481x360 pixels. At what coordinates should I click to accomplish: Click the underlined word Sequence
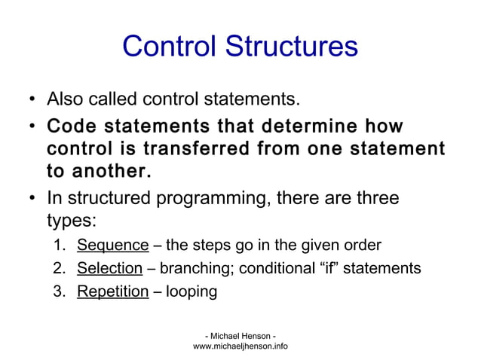(113, 245)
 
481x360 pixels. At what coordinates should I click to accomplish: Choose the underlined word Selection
(110, 268)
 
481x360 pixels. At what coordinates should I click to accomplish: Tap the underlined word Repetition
(113, 291)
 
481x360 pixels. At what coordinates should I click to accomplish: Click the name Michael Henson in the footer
(240, 334)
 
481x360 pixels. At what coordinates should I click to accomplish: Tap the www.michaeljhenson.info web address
(240, 346)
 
